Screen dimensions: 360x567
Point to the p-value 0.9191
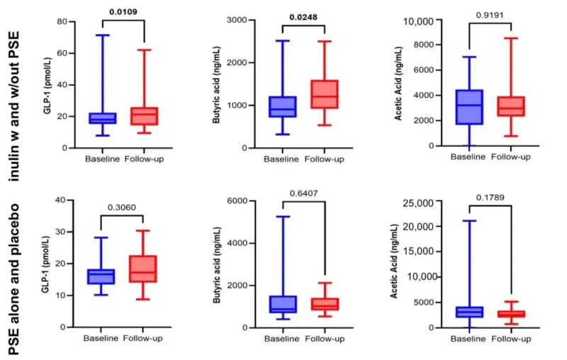coord(490,13)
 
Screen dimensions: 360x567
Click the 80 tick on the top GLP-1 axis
coord(72,21)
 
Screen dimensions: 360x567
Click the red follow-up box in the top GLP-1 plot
coord(145,116)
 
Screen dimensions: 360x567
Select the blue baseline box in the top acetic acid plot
coord(470,107)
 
